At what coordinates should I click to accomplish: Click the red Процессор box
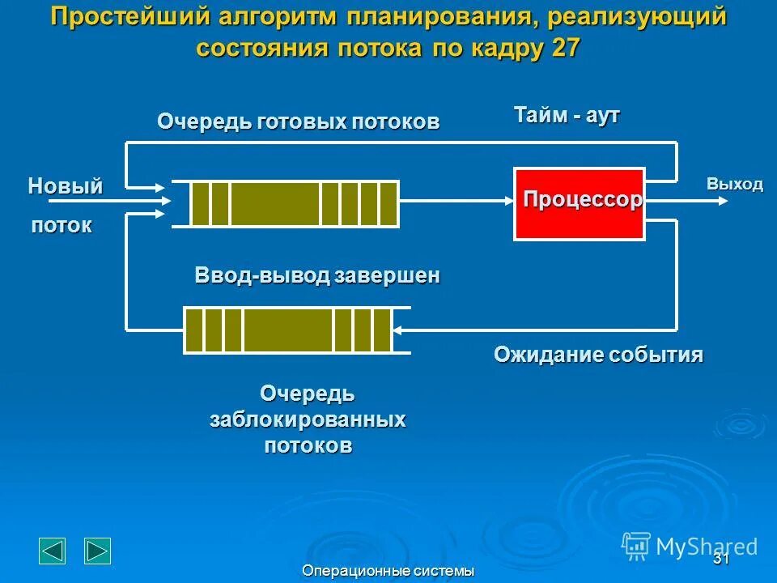click(579, 203)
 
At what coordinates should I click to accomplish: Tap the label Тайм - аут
click(567, 115)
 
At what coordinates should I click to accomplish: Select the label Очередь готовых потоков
click(298, 122)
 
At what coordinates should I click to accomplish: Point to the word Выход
click(734, 184)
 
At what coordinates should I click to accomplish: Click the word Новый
click(66, 186)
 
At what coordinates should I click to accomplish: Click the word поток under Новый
click(62, 226)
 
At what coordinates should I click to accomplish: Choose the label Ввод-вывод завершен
click(317, 275)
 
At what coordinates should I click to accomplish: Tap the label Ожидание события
click(598, 355)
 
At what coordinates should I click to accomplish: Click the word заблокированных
click(308, 420)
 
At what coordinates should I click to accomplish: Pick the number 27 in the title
click(565, 47)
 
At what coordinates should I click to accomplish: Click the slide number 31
click(721, 560)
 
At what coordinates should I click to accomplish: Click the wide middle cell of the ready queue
click(275, 203)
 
